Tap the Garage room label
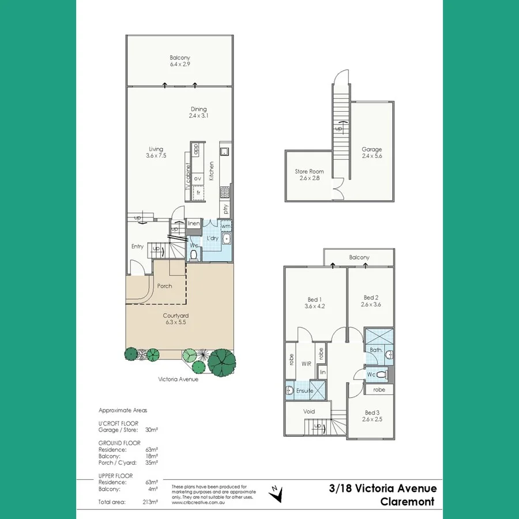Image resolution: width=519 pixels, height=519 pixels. [372, 153]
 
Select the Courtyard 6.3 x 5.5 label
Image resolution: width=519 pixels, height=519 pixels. [176, 319]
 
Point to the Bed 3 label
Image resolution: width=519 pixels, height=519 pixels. [372, 416]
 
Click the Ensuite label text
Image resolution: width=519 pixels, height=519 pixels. [305, 391]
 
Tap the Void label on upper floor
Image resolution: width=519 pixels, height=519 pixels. [309, 411]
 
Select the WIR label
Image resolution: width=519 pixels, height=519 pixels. [306, 364]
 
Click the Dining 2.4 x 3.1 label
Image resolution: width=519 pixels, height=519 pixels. [199, 112]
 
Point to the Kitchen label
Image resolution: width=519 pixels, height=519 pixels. [212, 171]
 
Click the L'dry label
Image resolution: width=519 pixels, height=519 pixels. [212, 239]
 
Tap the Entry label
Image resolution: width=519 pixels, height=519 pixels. [137, 247]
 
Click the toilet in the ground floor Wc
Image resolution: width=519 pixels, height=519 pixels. [194, 254]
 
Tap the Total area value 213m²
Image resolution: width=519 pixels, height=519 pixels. [149, 502]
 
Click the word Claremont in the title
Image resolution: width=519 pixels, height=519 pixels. [407, 502]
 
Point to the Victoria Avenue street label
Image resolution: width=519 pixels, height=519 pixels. [178, 379]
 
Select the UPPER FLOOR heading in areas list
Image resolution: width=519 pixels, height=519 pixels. [116, 476]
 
